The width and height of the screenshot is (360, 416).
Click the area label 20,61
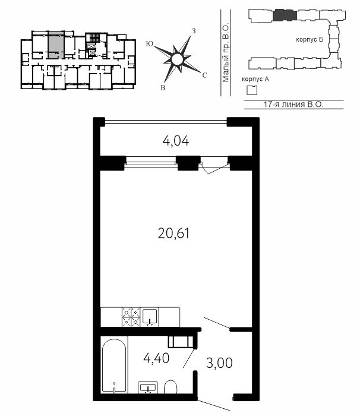pos(173,234)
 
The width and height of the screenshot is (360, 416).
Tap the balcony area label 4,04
pos(176,141)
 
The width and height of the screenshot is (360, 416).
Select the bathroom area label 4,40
pos(156,358)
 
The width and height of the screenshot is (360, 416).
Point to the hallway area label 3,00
pos(219,363)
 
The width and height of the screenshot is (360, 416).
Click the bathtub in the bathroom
pos(114,366)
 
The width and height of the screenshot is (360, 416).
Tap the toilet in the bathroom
pos(170,387)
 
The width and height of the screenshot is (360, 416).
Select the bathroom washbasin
pos(148,387)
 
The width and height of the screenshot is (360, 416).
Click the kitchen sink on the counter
pos(149,317)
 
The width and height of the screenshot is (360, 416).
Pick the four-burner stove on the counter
pos(131,317)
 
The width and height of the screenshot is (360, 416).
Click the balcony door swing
pos(214,169)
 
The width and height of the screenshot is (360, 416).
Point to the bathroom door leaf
pos(190,358)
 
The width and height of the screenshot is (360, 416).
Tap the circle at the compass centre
pos(177,59)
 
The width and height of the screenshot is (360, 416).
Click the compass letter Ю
pos(150,44)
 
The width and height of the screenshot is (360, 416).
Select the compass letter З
pos(194,31)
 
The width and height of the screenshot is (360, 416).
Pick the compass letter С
pos(204,75)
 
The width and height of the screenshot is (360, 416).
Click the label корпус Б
pos(310,40)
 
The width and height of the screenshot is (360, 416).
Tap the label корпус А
pos(255,79)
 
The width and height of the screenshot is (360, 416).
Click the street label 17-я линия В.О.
pos(293,104)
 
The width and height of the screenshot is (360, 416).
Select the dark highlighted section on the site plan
pos(285,15)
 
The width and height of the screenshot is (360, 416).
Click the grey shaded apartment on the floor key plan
pos(56,45)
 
